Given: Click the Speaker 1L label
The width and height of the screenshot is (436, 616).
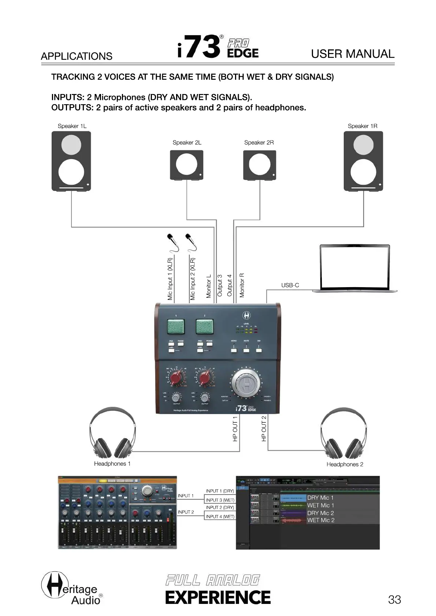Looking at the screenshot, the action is tap(72, 126).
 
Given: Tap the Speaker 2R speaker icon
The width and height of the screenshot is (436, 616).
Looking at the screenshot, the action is tap(260, 165).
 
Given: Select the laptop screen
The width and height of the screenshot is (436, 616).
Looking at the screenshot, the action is tap(354, 267).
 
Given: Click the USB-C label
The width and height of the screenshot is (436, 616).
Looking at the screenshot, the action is tap(290, 285).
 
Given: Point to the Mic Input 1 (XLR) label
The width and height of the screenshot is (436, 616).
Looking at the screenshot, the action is tap(170, 279).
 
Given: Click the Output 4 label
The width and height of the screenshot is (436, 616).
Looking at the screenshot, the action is tap(230, 285).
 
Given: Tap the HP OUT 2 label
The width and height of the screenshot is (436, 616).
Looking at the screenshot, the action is tap(264, 428).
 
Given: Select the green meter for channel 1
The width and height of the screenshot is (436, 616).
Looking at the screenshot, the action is tap(176, 326).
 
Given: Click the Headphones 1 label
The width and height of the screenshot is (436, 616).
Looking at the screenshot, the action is tap(112, 464).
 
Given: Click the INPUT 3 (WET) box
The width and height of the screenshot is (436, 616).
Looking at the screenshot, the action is tap(220, 500).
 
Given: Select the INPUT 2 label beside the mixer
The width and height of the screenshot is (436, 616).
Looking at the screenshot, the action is tap(186, 512).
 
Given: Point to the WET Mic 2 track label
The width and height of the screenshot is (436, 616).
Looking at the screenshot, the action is tap(321, 520).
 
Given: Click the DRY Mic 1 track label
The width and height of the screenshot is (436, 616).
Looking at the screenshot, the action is tap(320, 498).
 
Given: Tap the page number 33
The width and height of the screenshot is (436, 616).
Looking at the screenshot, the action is tap(394, 600).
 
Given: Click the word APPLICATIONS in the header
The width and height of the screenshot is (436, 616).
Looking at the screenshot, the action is tap(77, 56).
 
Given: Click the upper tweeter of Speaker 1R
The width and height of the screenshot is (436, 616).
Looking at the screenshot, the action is tap(363, 144).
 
